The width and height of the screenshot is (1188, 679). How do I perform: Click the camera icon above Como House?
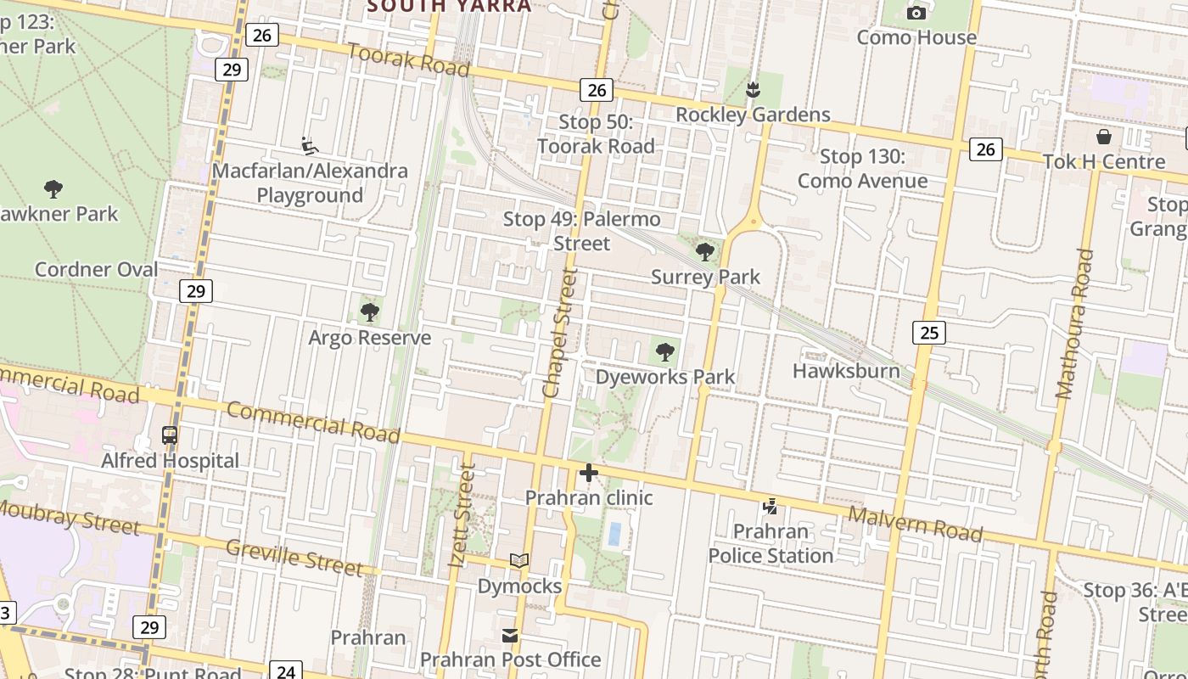pyautogui.click(x=916, y=13)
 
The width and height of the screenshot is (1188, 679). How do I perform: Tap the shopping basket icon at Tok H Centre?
pyautogui.click(x=1104, y=137)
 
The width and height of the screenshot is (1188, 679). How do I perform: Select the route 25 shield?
pyautogui.click(x=929, y=333)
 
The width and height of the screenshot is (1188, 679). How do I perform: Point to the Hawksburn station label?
pyautogui.click(x=846, y=371)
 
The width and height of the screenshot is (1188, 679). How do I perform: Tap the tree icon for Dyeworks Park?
pyautogui.click(x=665, y=351)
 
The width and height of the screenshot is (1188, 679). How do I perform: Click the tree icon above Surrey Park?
pyautogui.click(x=704, y=251)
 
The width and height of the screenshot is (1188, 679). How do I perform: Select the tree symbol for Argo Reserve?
pyautogui.click(x=369, y=312)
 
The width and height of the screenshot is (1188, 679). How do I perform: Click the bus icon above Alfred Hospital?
pyautogui.click(x=170, y=435)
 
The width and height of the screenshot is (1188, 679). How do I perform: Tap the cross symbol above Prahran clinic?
pyautogui.click(x=589, y=473)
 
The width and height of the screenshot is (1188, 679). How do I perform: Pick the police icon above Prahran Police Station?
pyautogui.click(x=771, y=507)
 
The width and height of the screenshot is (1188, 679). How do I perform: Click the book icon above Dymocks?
pyautogui.click(x=519, y=560)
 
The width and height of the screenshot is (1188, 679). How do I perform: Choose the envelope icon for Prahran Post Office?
pyautogui.click(x=510, y=635)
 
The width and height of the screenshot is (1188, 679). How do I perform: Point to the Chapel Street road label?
pyautogui.click(x=559, y=334)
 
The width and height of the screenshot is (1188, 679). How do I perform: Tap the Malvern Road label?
pyautogui.click(x=916, y=524)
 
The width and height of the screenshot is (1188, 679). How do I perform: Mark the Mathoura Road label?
pyautogui.click(x=1072, y=323)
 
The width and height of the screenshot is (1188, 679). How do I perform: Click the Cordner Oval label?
pyautogui.click(x=96, y=270)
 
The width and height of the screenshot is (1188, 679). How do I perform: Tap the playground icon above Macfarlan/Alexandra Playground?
pyautogui.click(x=310, y=146)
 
